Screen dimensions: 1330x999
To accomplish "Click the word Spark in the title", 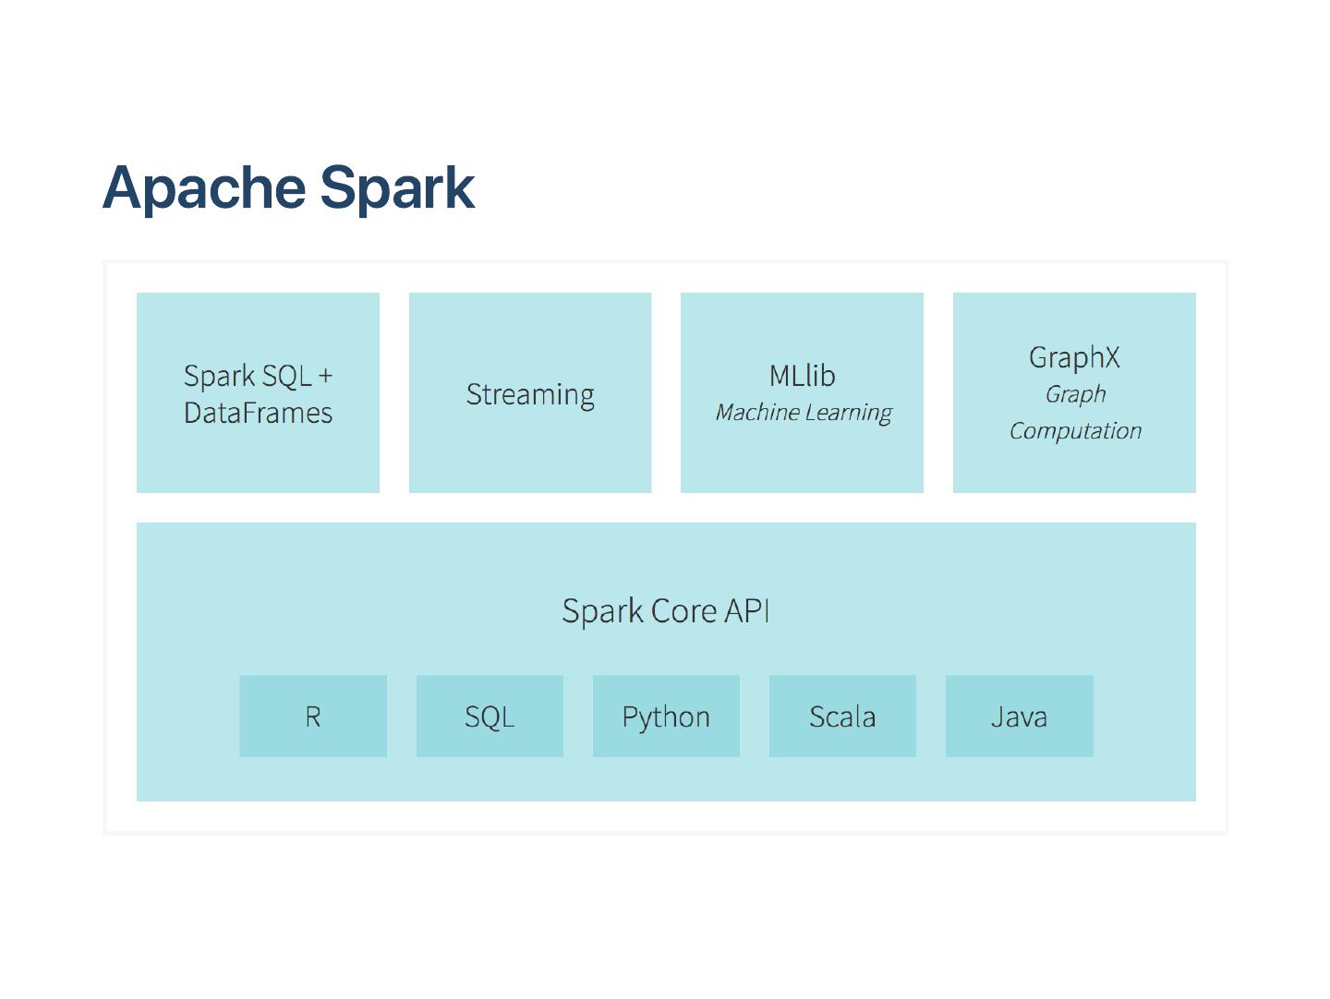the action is pyautogui.click(x=397, y=188).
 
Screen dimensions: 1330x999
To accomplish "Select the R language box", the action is pyautogui.click(x=313, y=716).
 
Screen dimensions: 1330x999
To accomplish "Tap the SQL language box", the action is pyautogui.click(x=490, y=716).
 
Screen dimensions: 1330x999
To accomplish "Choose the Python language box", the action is pyautogui.click(x=666, y=716).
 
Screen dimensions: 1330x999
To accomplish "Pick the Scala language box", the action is pyautogui.click(x=842, y=716).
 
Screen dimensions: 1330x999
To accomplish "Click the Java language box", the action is pyautogui.click(x=1019, y=716).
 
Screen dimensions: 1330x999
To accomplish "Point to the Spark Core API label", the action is pyautogui.click(x=665, y=610).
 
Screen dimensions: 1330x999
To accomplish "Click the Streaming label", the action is pyautogui.click(x=530, y=395).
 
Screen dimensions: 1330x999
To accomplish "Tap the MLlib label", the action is pyautogui.click(x=803, y=376).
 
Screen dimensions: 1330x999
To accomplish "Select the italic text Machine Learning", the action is pyautogui.click(x=804, y=413).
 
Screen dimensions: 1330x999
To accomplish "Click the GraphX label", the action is pyautogui.click(x=1074, y=358).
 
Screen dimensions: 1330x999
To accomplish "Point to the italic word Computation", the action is pyautogui.click(x=1075, y=431).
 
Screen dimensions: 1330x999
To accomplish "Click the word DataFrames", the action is pyautogui.click(x=258, y=413).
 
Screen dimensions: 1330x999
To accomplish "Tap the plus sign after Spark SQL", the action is pyautogui.click(x=325, y=376).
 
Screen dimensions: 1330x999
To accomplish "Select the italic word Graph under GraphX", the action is pyautogui.click(x=1075, y=395).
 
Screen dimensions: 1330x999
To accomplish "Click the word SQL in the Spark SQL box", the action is pyautogui.click(x=286, y=377).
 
